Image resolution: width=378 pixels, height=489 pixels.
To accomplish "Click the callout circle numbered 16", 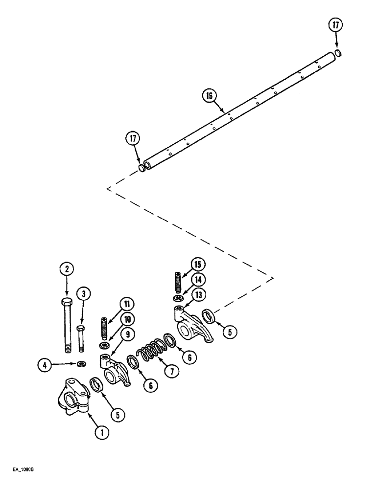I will pyautogui.click(x=209, y=96).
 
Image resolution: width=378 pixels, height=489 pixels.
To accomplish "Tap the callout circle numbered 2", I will pyautogui.click(x=67, y=268).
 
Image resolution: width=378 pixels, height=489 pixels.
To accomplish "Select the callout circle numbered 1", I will pyautogui.click(x=101, y=432).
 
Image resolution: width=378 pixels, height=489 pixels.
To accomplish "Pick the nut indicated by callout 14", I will pyautogui.click(x=178, y=298).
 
